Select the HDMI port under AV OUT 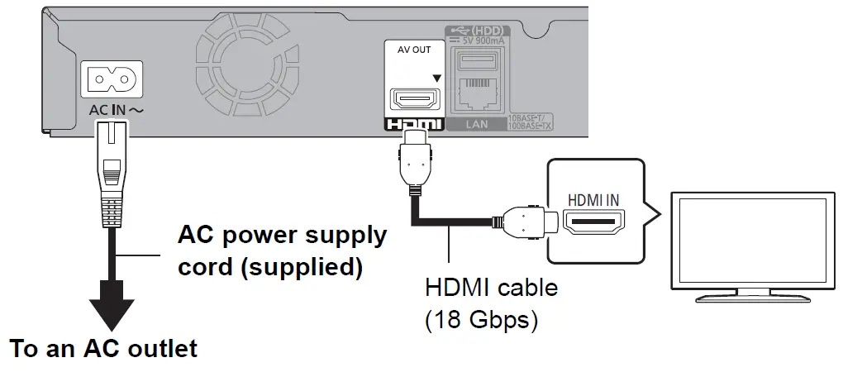point(416,100)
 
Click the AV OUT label point(415,49)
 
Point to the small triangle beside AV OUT point(436,79)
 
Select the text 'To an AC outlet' point(104,348)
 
